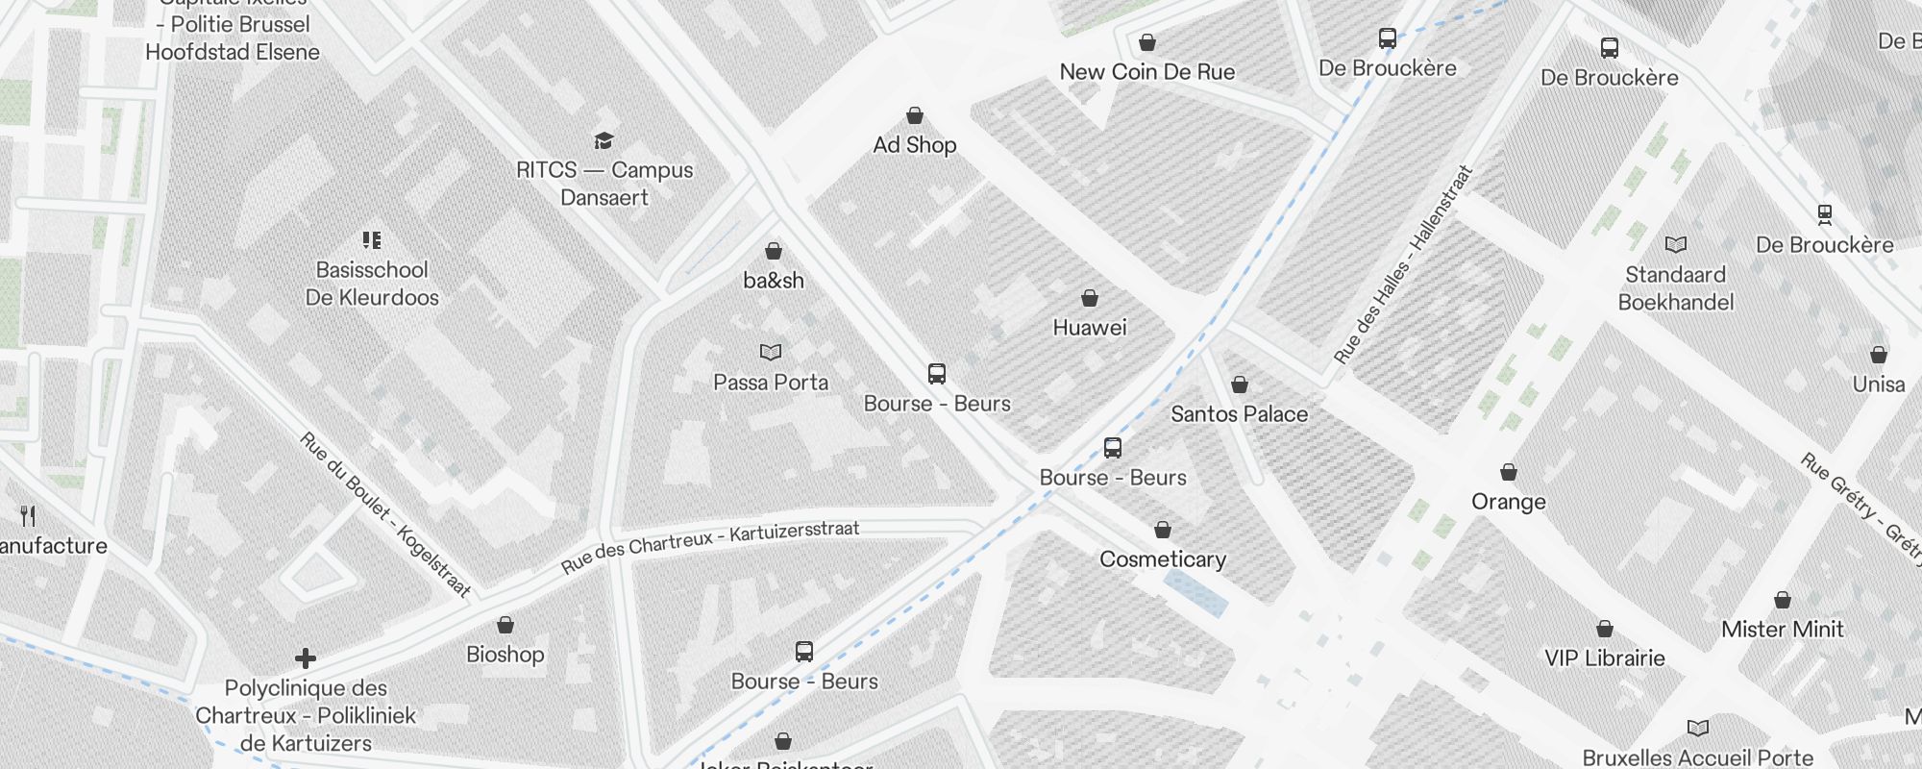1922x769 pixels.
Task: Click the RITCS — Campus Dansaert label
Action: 604,184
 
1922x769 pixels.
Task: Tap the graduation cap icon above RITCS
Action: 604,141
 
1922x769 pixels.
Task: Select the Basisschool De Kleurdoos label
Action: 372,284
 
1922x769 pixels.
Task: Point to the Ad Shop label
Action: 915,145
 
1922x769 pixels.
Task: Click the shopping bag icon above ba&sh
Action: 774,251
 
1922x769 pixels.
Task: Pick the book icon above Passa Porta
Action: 771,353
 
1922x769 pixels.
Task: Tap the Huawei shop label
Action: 1090,328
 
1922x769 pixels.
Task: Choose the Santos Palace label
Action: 1239,414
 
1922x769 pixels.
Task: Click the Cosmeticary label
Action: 1163,559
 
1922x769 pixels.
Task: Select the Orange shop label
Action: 1509,502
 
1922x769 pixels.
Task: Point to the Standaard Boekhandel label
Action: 1676,288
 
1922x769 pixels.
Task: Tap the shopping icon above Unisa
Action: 1879,355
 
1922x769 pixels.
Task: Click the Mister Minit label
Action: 1783,630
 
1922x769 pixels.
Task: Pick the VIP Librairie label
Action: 1605,658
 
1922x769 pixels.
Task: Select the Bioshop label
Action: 505,655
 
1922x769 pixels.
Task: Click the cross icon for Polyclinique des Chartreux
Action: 306,658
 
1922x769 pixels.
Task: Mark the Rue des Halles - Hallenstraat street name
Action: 1403,265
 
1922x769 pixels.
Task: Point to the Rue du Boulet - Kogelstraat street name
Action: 385,514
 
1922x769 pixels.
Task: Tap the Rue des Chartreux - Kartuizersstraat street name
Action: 710,546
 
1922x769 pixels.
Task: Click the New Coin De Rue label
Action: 1147,72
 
